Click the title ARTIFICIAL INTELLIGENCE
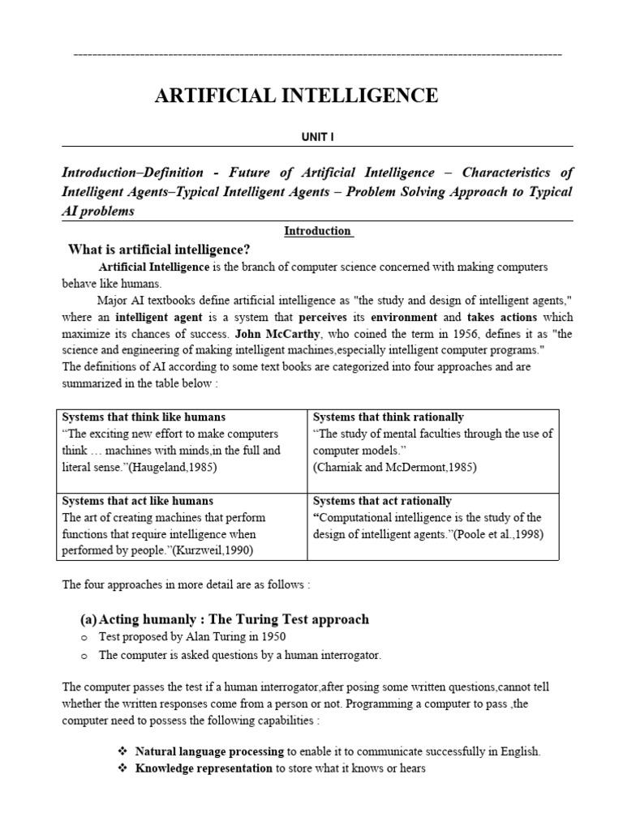[296, 96]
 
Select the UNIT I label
[317, 138]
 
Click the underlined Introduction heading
[317, 231]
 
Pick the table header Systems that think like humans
[144, 417]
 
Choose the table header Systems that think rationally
[389, 417]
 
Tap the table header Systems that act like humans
[137, 501]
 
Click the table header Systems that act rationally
[382, 501]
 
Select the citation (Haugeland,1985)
[173, 467]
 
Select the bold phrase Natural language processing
[209, 751]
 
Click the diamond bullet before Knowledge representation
[123, 768]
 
